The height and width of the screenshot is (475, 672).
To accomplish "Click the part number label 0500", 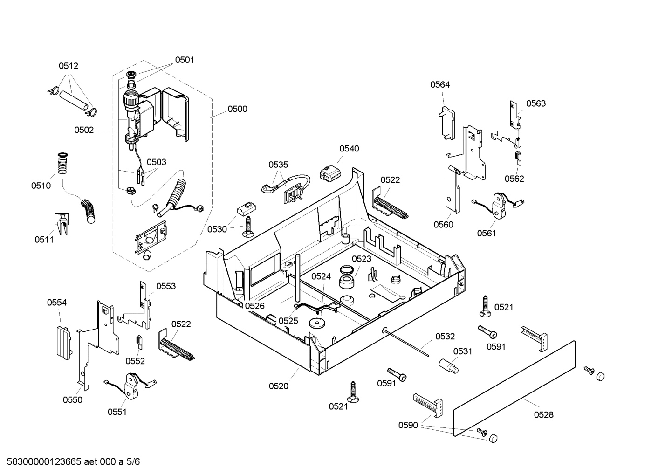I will click(x=237, y=109).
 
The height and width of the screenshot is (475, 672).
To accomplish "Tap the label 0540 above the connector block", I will click(x=349, y=149).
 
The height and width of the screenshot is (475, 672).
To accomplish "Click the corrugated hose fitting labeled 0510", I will click(x=62, y=165).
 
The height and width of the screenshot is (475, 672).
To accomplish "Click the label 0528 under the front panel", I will click(x=543, y=414).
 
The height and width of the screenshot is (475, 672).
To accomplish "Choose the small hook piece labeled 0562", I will click(x=518, y=158).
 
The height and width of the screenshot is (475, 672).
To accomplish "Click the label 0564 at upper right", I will click(x=440, y=84).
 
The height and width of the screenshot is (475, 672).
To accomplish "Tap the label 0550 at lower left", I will click(x=72, y=399).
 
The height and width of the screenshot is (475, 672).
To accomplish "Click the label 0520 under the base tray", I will click(x=278, y=386).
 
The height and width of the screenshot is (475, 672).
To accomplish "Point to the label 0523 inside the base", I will click(x=361, y=259).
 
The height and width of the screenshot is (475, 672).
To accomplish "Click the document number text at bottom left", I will click(x=70, y=462).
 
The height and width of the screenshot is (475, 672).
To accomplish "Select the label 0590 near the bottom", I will click(x=408, y=425).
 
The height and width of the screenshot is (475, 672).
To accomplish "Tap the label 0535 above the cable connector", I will click(x=278, y=165).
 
